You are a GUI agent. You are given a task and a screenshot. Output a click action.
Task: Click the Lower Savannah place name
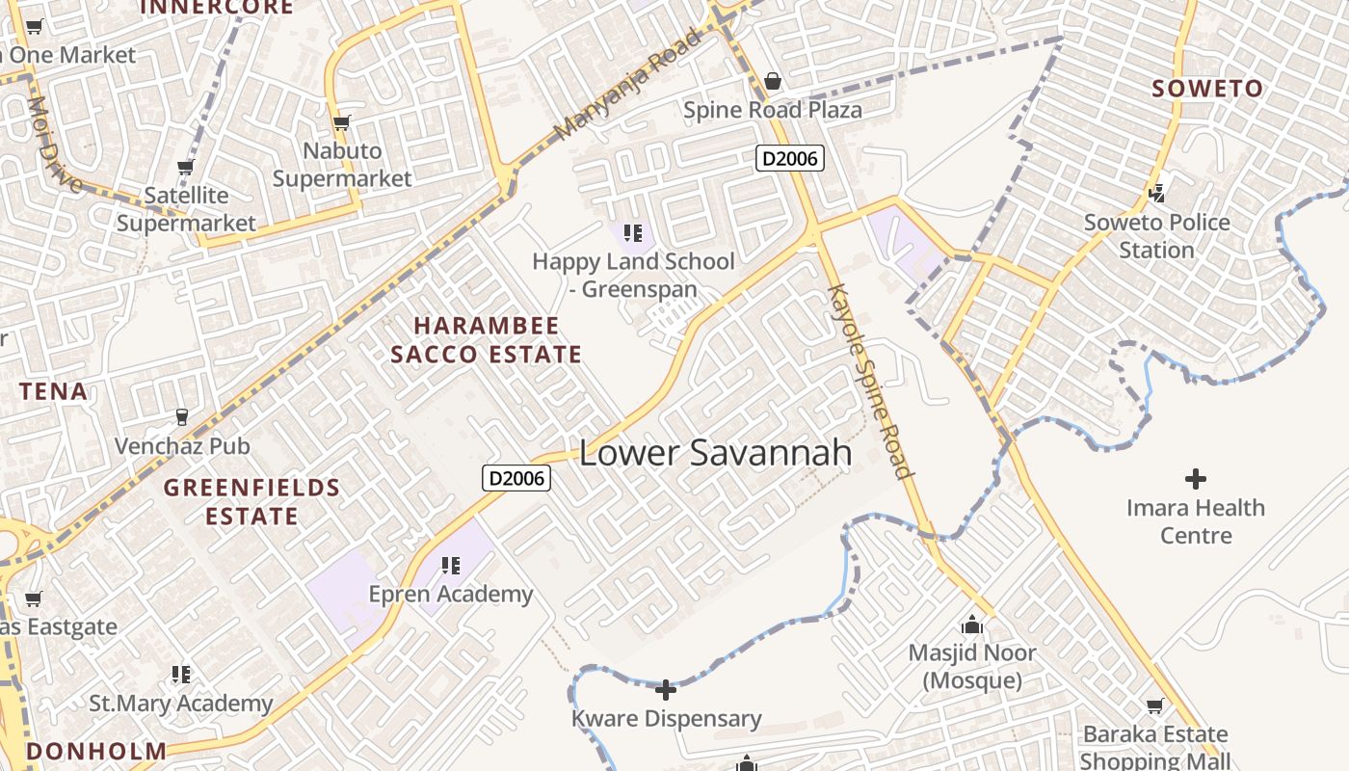pyautogui.click(x=715, y=453)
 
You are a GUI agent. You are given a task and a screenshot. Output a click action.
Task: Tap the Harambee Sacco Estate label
pyautogui.click(x=486, y=340)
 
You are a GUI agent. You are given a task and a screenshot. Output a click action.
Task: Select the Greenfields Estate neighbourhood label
pyautogui.click(x=251, y=501)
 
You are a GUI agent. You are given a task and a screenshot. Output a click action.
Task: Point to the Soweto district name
pyautogui.click(x=1207, y=89)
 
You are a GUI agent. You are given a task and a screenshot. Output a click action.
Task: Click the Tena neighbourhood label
pyautogui.click(x=54, y=391)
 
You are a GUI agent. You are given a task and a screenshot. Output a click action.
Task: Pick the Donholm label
pyautogui.click(x=96, y=751)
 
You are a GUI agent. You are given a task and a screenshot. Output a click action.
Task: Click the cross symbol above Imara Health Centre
pyautogui.click(x=1196, y=479)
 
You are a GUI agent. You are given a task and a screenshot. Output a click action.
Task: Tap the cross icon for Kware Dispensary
pyautogui.click(x=666, y=690)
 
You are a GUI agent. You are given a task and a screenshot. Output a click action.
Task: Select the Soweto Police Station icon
pyautogui.click(x=1157, y=194)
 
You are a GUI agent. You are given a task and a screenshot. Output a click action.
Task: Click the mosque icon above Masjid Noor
pyautogui.click(x=972, y=625)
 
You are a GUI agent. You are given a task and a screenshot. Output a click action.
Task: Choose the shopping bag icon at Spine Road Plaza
pyautogui.click(x=773, y=81)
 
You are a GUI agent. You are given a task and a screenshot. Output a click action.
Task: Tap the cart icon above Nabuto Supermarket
pyautogui.click(x=341, y=122)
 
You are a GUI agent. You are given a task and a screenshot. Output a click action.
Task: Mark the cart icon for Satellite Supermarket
pyautogui.click(x=185, y=168)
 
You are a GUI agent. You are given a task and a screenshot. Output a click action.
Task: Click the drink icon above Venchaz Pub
pyautogui.click(x=181, y=417)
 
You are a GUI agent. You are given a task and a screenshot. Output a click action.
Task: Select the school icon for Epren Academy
pyautogui.click(x=450, y=566)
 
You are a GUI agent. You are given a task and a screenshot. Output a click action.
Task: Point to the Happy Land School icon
pyautogui.click(x=632, y=233)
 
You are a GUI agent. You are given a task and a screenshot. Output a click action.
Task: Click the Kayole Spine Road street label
pyautogui.click(x=870, y=381)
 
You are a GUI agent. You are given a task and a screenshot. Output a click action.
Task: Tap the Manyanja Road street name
pyautogui.click(x=628, y=86)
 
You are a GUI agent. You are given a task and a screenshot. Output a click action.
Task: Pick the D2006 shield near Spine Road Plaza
pyautogui.click(x=790, y=158)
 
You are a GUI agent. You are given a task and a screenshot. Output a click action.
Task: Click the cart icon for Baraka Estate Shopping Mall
pyautogui.click(x=1154, y=706)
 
